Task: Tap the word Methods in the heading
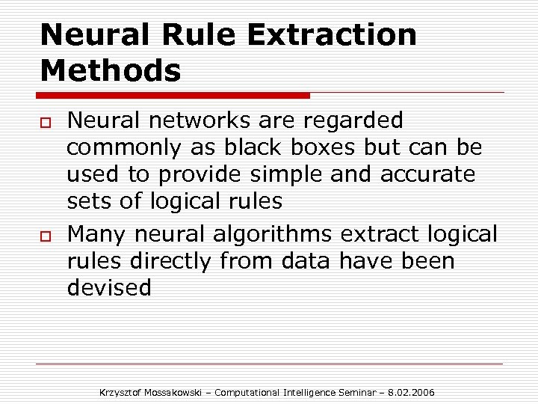(111, 71)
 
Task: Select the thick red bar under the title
(173, 95)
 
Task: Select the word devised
(109, 287)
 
